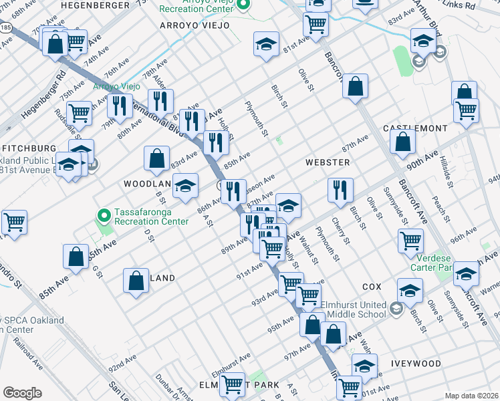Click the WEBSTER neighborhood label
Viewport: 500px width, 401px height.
pos(327,162)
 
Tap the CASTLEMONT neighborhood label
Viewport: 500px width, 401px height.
pos(414,128)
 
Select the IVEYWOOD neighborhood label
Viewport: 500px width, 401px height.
pos(416,364)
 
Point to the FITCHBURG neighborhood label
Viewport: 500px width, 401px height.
pos(28,148)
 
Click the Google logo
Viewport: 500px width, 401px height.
pos(22,392)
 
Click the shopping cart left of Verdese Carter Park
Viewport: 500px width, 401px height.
pos(410,240)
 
